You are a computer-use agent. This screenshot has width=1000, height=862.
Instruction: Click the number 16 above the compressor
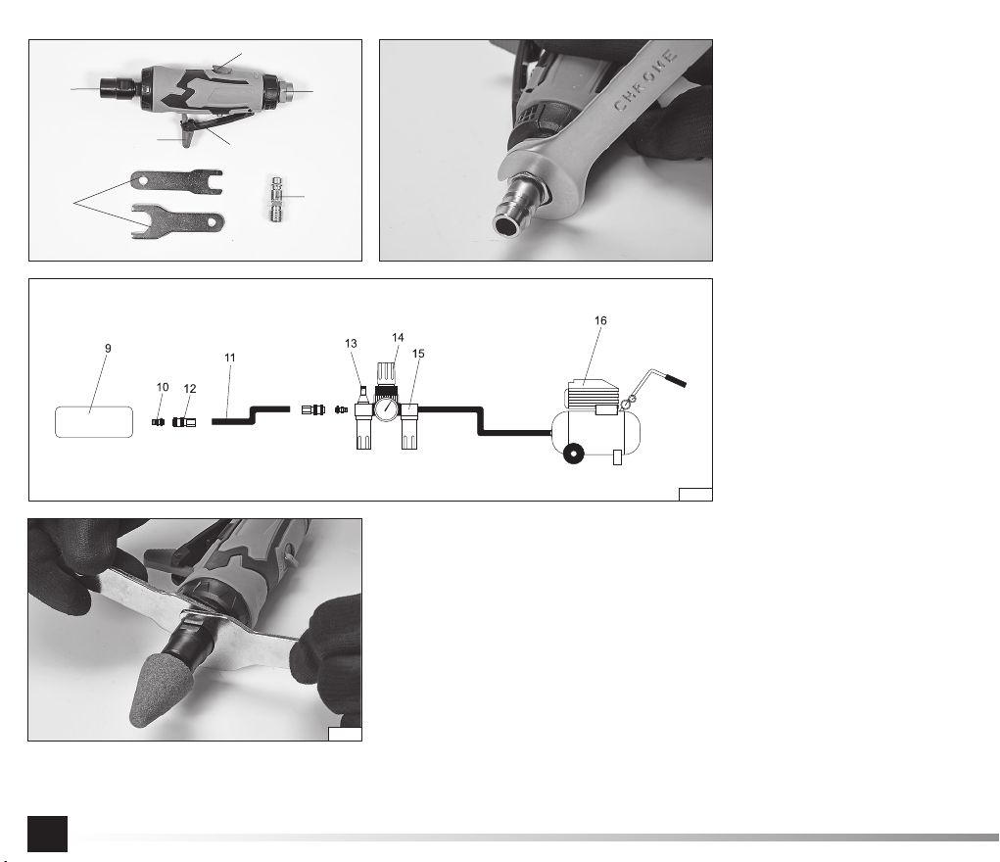pos(600,321)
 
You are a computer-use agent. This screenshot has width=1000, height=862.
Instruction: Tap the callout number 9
pos(108,349)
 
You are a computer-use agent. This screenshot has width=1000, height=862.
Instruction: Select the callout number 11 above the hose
pos(230,358)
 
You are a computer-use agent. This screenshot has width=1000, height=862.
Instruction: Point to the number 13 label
pos(351,344)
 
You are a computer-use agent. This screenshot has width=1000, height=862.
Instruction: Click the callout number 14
pos(398,338)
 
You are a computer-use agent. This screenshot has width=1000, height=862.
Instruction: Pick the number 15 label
pos(418,354)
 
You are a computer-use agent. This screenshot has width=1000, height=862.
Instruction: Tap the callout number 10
pos(163,387)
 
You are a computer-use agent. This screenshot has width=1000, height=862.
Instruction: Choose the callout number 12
pos(190,389)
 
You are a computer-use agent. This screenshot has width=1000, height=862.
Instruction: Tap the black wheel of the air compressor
pos(574,454)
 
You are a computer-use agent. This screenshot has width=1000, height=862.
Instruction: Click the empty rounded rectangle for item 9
pos(94,422)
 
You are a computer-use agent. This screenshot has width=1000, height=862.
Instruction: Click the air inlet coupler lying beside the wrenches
pos(276,199)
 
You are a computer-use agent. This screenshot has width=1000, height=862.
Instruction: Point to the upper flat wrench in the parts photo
pos(176,181)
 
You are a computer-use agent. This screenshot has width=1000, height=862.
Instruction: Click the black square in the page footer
pos(47,834)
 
